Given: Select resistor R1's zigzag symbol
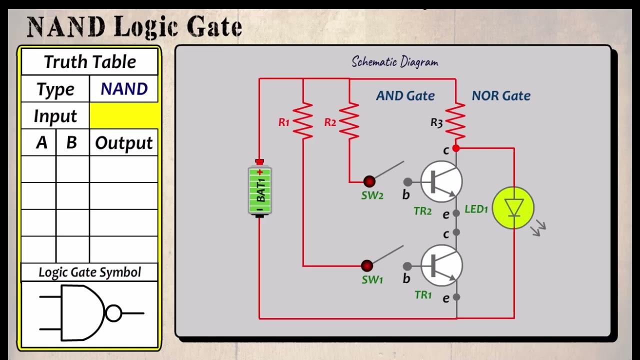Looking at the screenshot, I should click(x=303, y=121).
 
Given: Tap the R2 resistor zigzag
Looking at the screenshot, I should click(x=349, y=121).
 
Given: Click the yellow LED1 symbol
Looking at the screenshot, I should click(x=513, y=208).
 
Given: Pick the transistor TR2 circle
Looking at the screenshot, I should click(x=441, y=181).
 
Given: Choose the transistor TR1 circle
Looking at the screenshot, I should click(x=441, y=265).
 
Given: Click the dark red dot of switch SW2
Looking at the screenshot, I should click(x=369, y=181).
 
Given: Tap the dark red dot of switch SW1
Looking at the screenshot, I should click(x=366, y=265).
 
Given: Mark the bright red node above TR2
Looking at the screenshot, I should click(x=456, y=148).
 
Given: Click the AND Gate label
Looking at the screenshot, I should click(x=405, y=95).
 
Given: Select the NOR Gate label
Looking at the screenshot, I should click(x=501, y=95).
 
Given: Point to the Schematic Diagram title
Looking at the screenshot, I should click(x=394, y=62).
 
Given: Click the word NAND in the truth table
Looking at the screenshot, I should click(x=124, y=89).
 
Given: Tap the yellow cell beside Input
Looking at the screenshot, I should click(x=124, y=116).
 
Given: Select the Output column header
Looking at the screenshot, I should click(x=124, y=143).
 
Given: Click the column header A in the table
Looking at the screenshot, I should click(x=41, y=143).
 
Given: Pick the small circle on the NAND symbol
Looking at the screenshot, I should click(x=113, y=313).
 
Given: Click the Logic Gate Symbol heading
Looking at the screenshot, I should click(x=89, y=272).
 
